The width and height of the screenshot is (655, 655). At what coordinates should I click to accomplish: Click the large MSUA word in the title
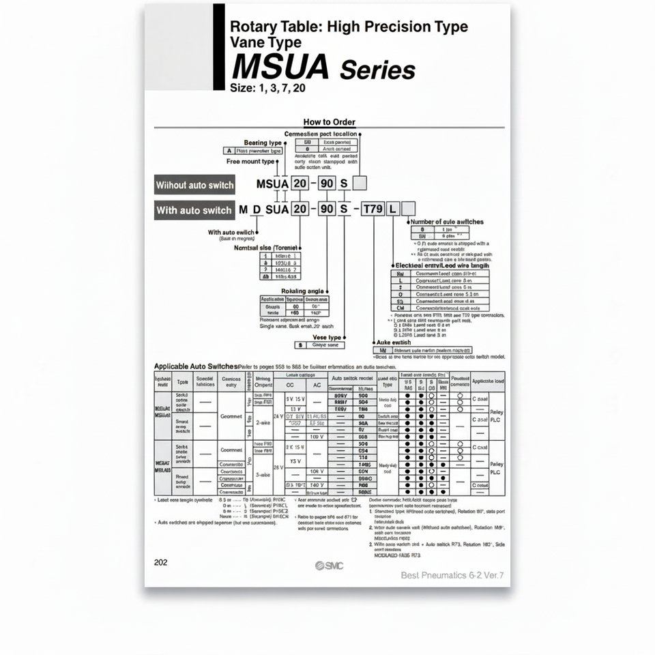coord(280,67)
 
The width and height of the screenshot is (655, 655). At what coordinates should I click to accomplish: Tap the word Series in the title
coord(377,70)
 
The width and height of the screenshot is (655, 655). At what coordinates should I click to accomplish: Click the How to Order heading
coord(330,122)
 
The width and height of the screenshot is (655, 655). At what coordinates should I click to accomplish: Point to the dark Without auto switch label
coord(194,185)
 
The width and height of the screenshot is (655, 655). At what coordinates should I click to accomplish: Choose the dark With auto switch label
coord(194,210)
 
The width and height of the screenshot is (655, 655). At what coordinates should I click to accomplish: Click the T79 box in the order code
coord(373,209)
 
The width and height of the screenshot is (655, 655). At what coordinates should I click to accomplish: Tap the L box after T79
coord(392,209)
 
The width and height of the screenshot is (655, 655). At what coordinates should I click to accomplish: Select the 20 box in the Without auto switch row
coord(300,184)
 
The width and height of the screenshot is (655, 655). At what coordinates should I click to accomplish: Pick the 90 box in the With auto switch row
coord(327,209)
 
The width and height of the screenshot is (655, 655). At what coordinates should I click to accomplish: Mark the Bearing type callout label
coord(263,143)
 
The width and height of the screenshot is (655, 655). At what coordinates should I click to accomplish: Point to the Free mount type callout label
coord(250,162)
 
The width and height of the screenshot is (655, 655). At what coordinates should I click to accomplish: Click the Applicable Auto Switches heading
coord(196,366)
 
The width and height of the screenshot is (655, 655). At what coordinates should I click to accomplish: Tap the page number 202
coord(161,563)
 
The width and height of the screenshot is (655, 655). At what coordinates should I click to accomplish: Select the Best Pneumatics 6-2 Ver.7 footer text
coord(452,575)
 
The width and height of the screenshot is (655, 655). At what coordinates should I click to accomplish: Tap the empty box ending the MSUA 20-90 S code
coord(360,184)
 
